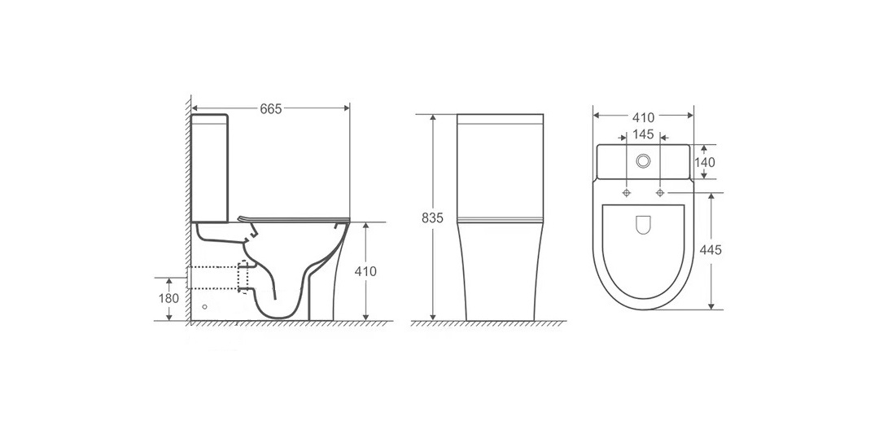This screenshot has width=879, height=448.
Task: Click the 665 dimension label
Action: pyautogui.click(x=271, y=108)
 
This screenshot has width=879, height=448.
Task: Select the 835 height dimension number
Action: pyautogui.click(x=433, y=217)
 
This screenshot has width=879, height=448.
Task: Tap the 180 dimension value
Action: pyautogui.click(x=168, y=298)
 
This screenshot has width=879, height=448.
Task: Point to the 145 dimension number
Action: pyautogui.click(x=643, y=134)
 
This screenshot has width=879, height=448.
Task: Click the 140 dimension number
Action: pyautogui.click(x=705, y=162)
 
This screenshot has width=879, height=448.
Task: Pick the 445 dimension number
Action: pyautogui.click(x=711, y=250)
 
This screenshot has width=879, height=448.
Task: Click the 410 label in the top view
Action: pyautogui.click(x=644, y=118)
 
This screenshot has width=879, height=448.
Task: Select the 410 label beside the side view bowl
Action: pyautogui.click(x=366, y=271)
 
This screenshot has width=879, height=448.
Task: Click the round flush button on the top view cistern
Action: pyautogui.click(x=642, y=161)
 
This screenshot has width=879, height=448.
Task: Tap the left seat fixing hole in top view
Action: pyautogui.click(x=626, y=193)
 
